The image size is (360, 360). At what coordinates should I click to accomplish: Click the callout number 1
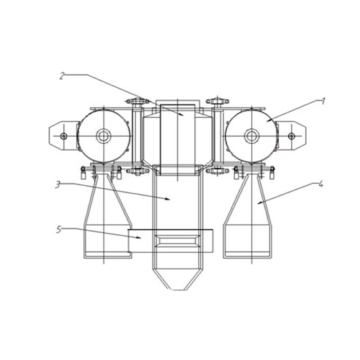click(323, 101)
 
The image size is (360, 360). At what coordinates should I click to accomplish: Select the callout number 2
click(62, 76)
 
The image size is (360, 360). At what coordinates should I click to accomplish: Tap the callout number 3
click(58, 185)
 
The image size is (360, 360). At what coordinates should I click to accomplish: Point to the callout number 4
click(321, 184)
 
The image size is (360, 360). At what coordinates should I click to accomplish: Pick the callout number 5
click(59, 229)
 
